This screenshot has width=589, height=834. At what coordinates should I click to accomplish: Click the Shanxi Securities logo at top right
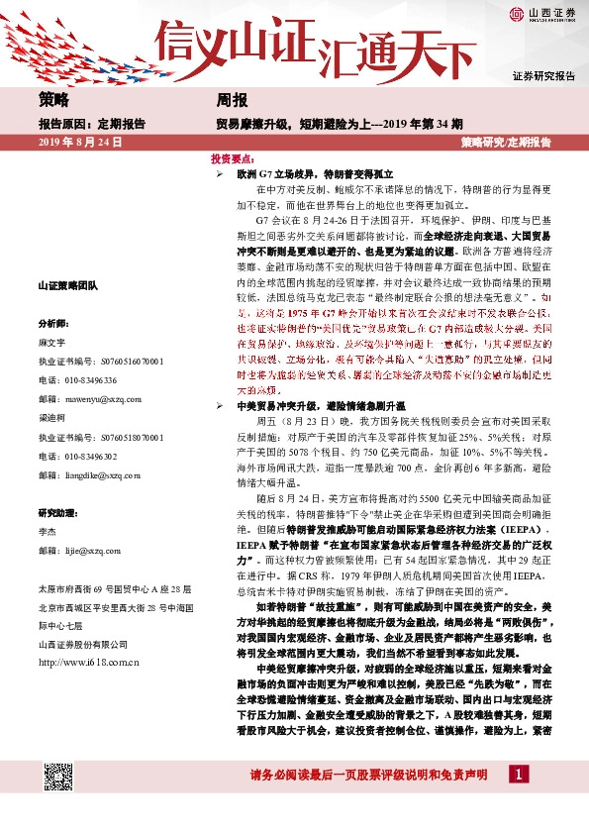(x=542, y=14)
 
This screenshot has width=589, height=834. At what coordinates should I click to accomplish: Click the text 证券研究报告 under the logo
(x=542, y=76)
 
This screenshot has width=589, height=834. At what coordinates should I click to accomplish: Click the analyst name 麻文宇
(x=51, y=339)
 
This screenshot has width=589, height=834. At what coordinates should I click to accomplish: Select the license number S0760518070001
(x=112, y=436)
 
